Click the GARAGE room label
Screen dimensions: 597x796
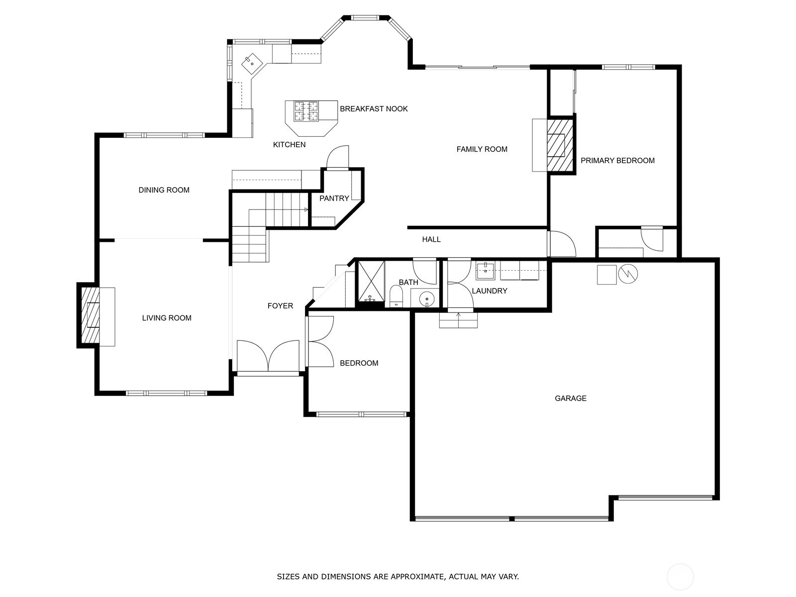point(570,398)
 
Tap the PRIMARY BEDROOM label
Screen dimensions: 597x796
point(617,160)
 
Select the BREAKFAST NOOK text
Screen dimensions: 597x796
point(374,108)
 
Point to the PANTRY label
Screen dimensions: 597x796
point(334,198)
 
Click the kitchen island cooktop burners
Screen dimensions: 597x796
point(306,111)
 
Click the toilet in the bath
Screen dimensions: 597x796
point(396,296)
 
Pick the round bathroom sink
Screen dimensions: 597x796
point(426,299)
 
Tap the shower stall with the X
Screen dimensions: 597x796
point(371,281)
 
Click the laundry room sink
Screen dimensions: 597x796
point(485,272)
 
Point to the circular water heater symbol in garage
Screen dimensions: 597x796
point(628,274)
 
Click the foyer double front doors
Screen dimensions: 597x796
point(268,356)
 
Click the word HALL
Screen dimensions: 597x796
point(431,239)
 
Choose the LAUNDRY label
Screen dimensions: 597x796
point(489,291)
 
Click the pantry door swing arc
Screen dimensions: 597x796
point(337,156)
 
